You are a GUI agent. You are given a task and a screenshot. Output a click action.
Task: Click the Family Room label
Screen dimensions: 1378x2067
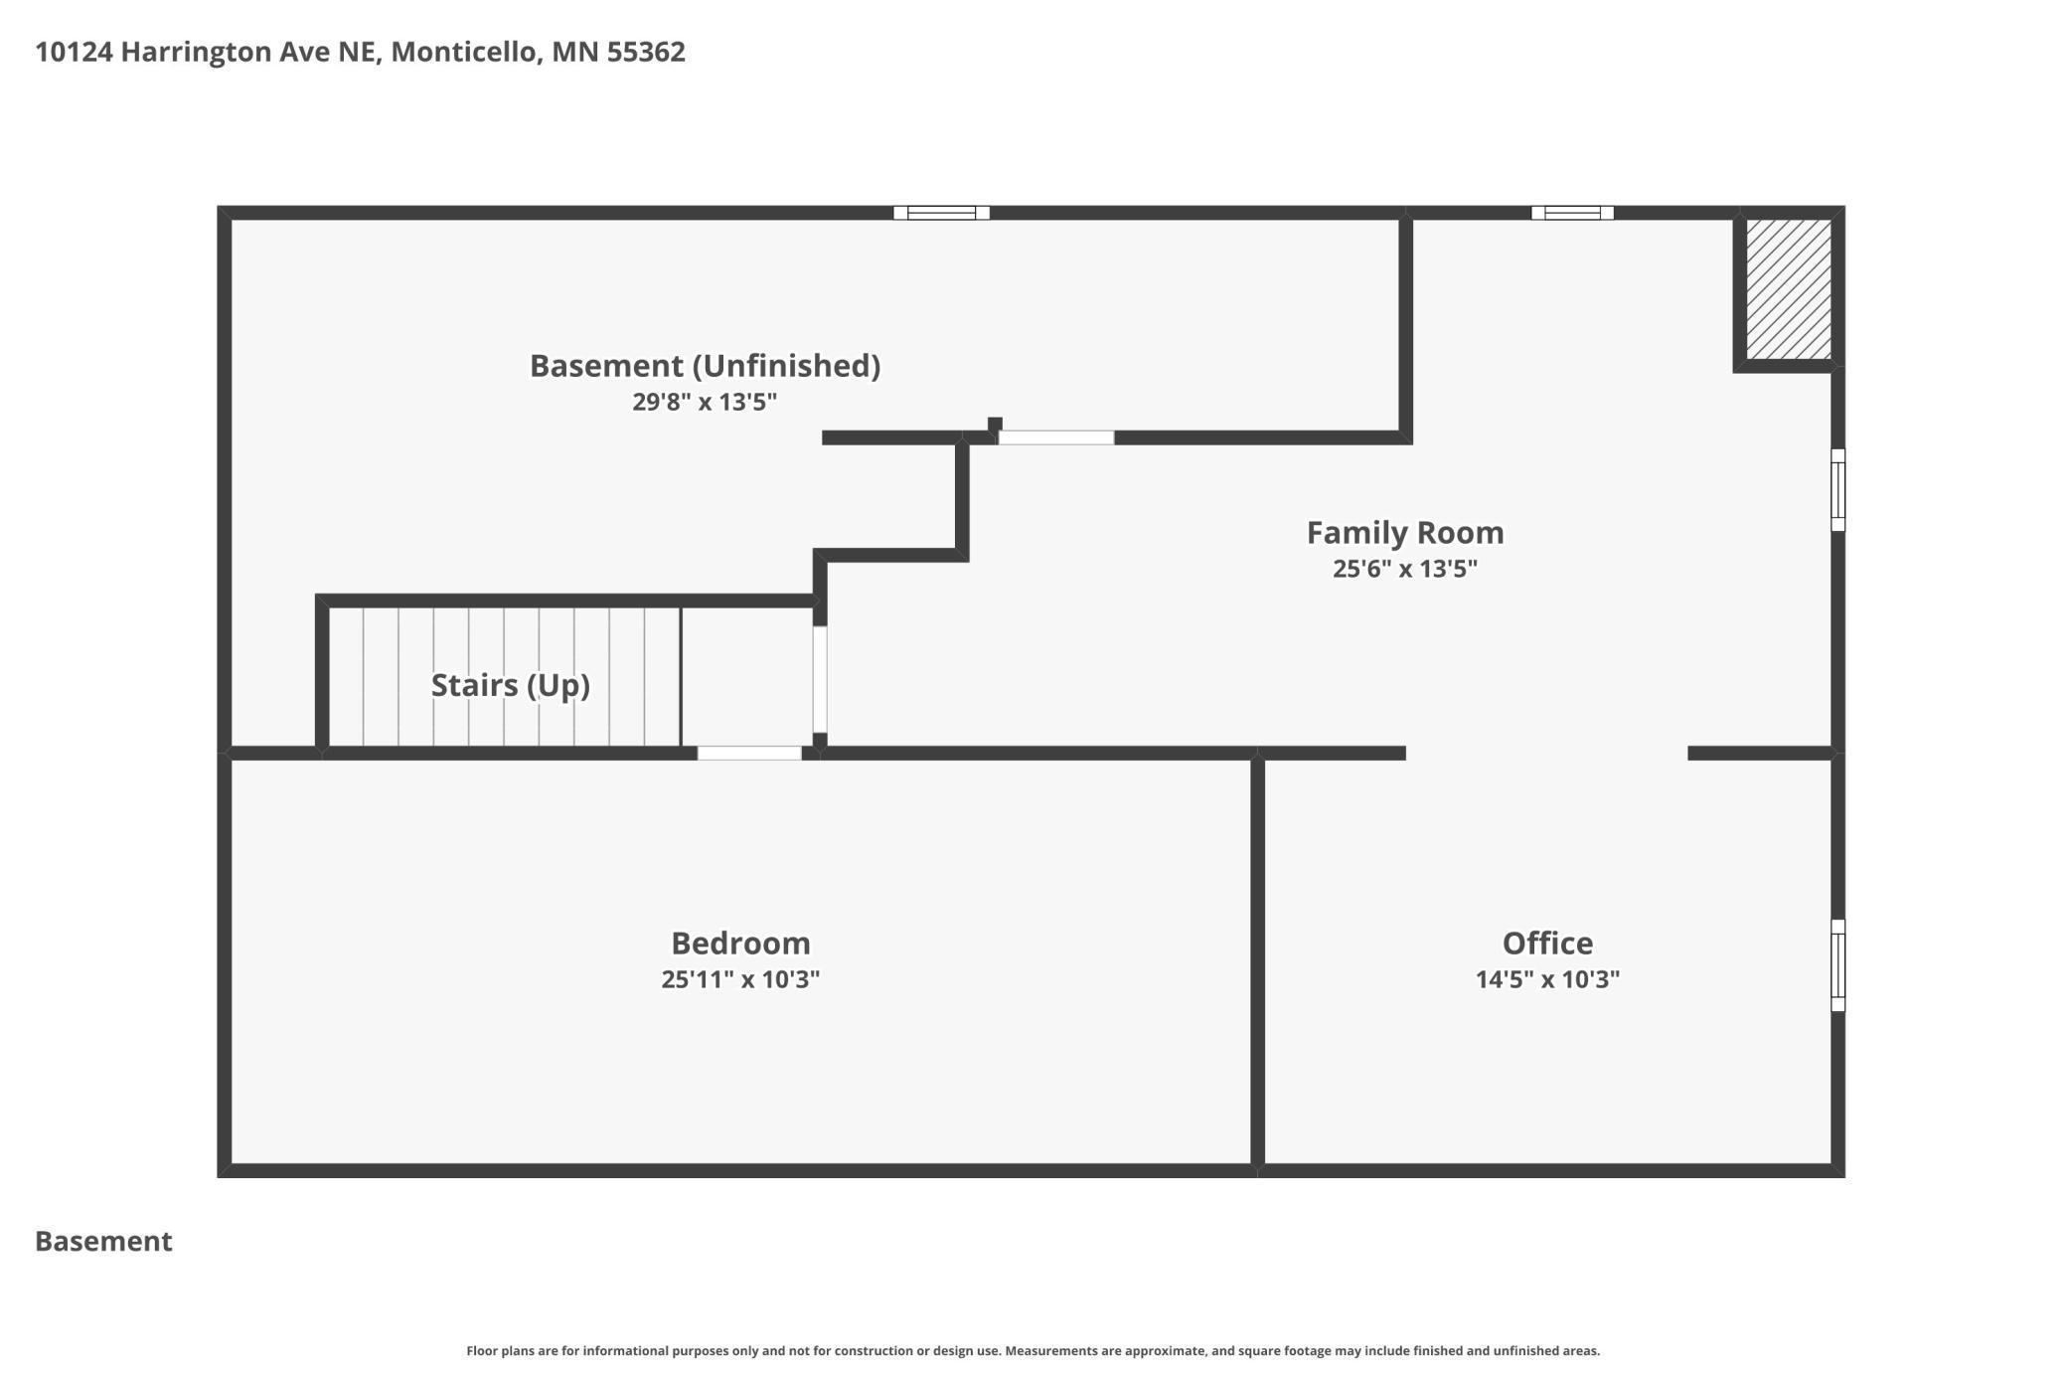(1404, 533)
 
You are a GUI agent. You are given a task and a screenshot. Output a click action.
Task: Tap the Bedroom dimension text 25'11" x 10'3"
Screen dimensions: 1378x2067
(740, 979)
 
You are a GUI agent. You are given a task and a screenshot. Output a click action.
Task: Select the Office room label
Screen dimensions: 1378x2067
(1547, 943)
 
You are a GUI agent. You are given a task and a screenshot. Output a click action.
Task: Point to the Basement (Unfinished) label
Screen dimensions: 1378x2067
(705, 366)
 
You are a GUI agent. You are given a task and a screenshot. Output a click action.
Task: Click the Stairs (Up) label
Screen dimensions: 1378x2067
(510, 685)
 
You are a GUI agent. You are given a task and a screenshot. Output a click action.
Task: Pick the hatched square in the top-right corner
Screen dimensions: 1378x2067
(1789, 289)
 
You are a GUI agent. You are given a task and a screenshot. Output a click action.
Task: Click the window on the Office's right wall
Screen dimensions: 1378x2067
(1837, 965)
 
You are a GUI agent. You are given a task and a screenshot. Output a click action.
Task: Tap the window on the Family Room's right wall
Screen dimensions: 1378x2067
(1837, 490)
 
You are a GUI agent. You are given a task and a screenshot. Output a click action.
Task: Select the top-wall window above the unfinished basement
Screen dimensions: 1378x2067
(941, 213)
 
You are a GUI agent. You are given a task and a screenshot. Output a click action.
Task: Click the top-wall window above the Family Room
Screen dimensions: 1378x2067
(1572, 213)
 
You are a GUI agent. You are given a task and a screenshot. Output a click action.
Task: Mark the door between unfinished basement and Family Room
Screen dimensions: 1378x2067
(1056, 437)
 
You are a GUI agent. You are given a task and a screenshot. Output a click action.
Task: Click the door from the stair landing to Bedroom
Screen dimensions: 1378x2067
(749, 753)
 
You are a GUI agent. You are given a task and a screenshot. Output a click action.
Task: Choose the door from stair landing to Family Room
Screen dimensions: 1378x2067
(820, 679)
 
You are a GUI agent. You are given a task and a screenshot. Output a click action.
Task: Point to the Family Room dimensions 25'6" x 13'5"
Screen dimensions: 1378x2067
(1404, 569)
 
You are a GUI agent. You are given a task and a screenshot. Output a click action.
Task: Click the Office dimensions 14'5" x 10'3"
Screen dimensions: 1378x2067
(1547, 979)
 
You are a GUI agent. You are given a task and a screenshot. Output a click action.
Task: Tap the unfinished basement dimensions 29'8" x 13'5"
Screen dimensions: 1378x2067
(705, 403)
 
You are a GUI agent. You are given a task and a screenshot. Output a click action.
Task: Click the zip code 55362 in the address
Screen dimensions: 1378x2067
(646, 52)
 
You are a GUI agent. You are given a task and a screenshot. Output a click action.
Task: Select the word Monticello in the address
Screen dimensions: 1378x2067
(464, 52)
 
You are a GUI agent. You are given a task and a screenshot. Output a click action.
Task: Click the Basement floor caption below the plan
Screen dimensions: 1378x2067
(103, 1241)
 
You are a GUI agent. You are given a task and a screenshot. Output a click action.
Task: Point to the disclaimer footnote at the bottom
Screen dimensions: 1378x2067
(1033, 1351)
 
